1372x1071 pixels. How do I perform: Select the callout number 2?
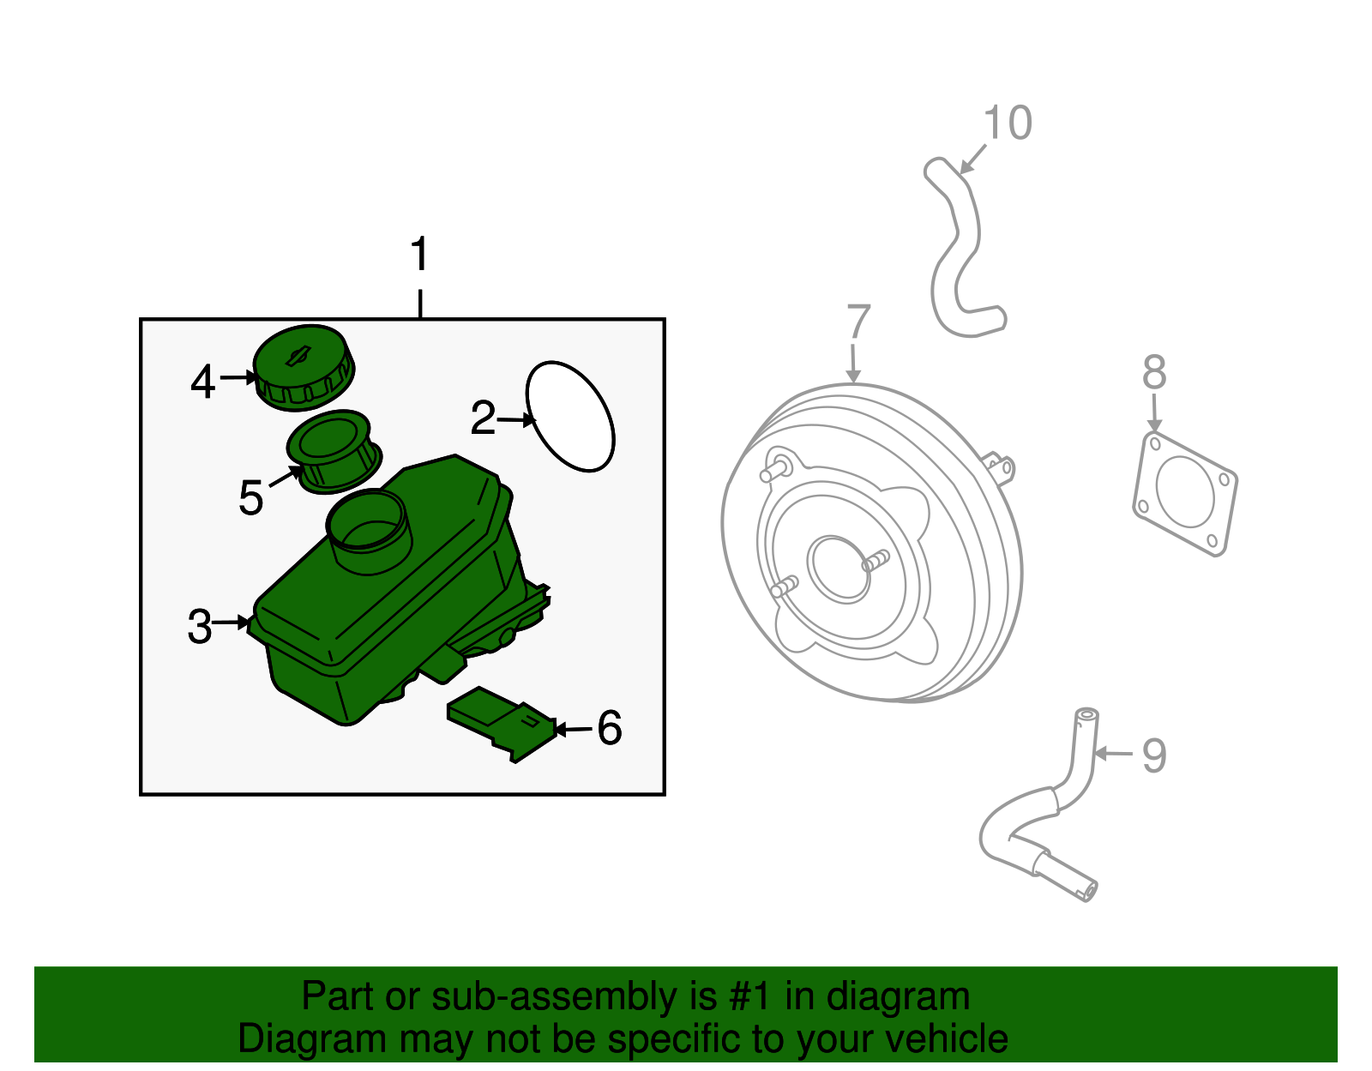coord(483,417)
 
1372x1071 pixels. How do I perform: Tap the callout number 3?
coord(200,627)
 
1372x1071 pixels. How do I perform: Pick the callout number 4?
coord(202,382)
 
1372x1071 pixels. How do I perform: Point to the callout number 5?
coord(250,497)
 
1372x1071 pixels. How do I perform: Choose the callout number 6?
coord(610,728)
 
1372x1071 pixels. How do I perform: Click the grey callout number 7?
coord(858,322)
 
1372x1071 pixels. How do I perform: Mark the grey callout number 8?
coord(1154,372)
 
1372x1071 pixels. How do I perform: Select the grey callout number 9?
coord(1154,755)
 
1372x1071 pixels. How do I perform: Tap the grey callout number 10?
coord(1008,123)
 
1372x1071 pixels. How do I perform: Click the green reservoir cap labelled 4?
coord(304,367)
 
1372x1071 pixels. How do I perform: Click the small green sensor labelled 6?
coord(502,723)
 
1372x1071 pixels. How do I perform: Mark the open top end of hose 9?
coord(1086,713)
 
